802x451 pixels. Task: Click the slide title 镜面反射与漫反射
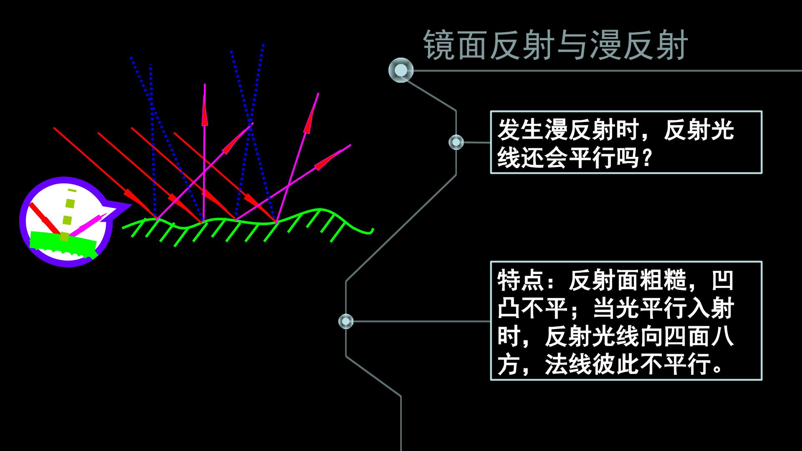coord(555,45)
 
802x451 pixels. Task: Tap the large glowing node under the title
coord(401,70)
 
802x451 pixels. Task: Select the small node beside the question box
coord(456,142)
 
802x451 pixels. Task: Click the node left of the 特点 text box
coord(346,321)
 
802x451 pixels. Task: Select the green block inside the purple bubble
coord(63,245)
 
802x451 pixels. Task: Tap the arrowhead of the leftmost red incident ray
coord(133,196)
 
